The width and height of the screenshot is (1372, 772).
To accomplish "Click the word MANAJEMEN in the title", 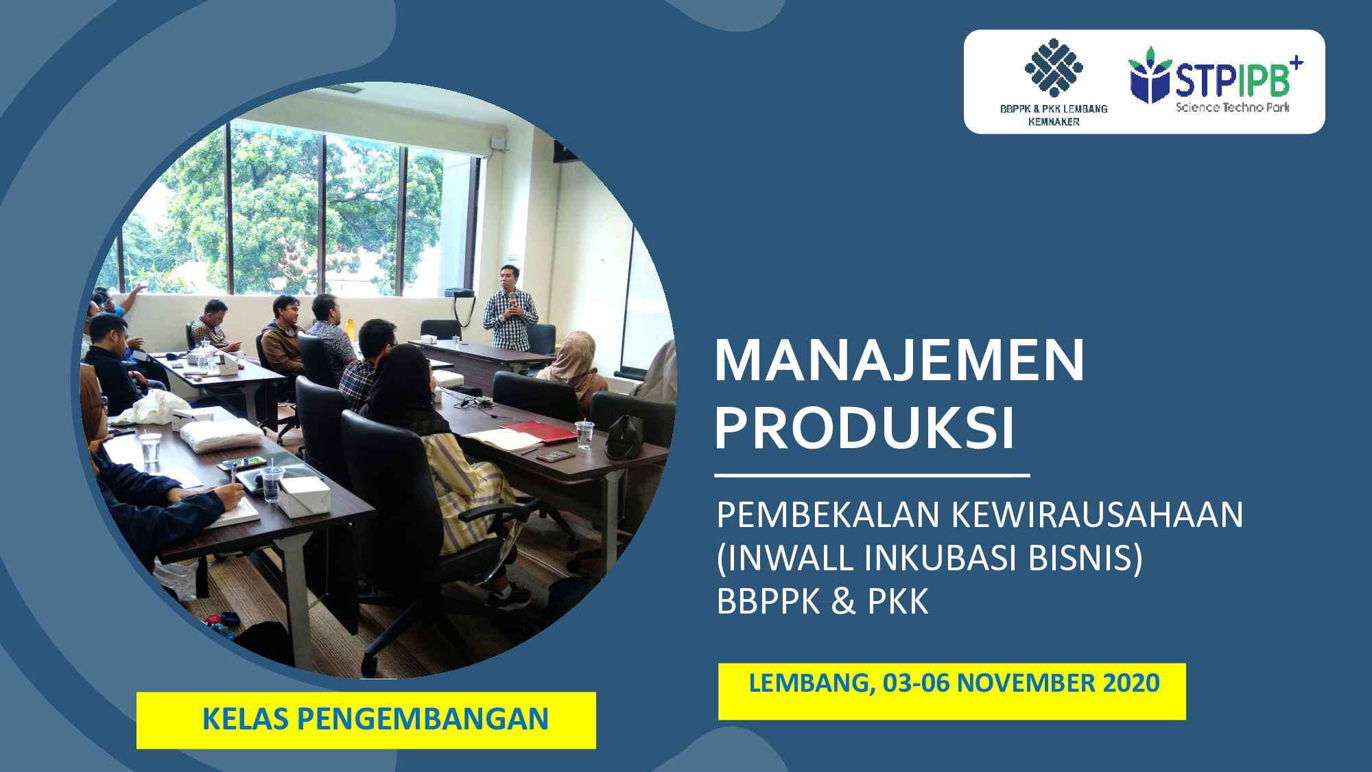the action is pyautogui.click(x=899, y=361).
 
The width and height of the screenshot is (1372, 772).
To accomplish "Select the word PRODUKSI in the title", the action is pyautogui.click(x=864, y=428).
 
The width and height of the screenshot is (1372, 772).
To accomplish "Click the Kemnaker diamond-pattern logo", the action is pyautogui.click(x=1054, y=67).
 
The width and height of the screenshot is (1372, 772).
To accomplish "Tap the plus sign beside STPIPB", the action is pyautogui.click(x=1296, y=64).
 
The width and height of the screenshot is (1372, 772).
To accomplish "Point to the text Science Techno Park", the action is pyautogui.click(x=1233, y=108).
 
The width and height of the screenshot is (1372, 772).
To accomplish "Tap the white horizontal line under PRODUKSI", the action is pyautogui.click(x=872, y=475).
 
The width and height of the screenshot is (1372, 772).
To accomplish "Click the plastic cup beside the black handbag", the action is pyautogui.click(x=584, y=435).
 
